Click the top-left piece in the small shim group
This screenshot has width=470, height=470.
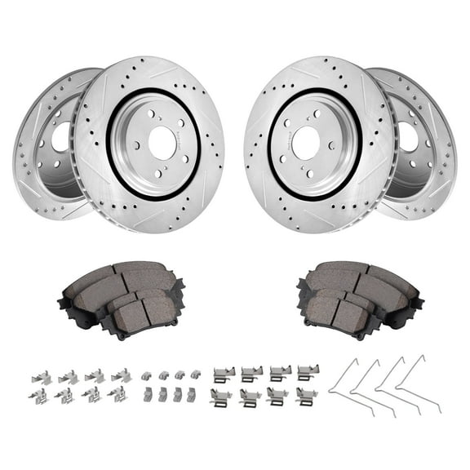[146, 376]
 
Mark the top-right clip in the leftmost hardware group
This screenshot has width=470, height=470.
[121, 375]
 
